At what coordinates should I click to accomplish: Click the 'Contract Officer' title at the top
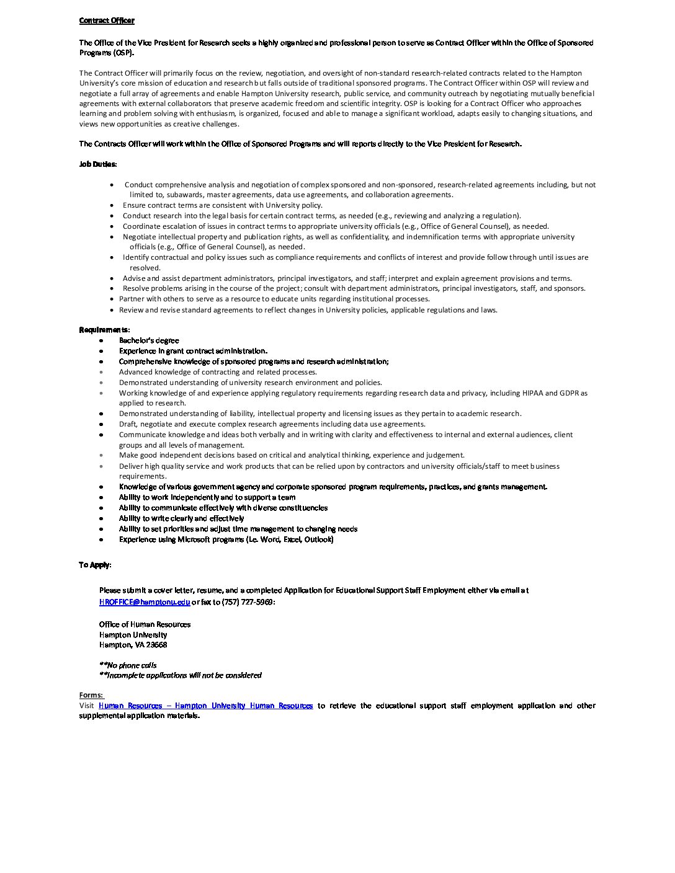click(x=107, y=20)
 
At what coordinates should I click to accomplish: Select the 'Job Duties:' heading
click(x=98, y=164)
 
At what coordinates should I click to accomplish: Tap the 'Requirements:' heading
click(x=104, y=329)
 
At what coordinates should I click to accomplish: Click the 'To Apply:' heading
click(x=95, y=565)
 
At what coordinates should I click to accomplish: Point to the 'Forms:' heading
click(x=91, y=695)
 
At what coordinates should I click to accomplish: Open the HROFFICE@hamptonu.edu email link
click(x=145, y=601)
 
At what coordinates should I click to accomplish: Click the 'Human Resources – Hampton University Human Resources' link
click(x=205, y=706)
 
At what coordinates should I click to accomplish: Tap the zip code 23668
click(x=157, y=645)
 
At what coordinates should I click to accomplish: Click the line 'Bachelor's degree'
click(x=149, y=340)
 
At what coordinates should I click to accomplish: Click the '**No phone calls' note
click(x=128, y=665)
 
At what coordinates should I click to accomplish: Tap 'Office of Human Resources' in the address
click(x=145, y=624)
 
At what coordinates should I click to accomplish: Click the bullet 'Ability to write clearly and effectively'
click(x=181, y=518)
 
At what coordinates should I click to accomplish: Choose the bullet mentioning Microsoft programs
click(x=226, y=539)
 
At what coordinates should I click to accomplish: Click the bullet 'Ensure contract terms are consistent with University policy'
click(x=222, y=205)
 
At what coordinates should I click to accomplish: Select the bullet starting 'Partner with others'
click(x=274, y=299)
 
